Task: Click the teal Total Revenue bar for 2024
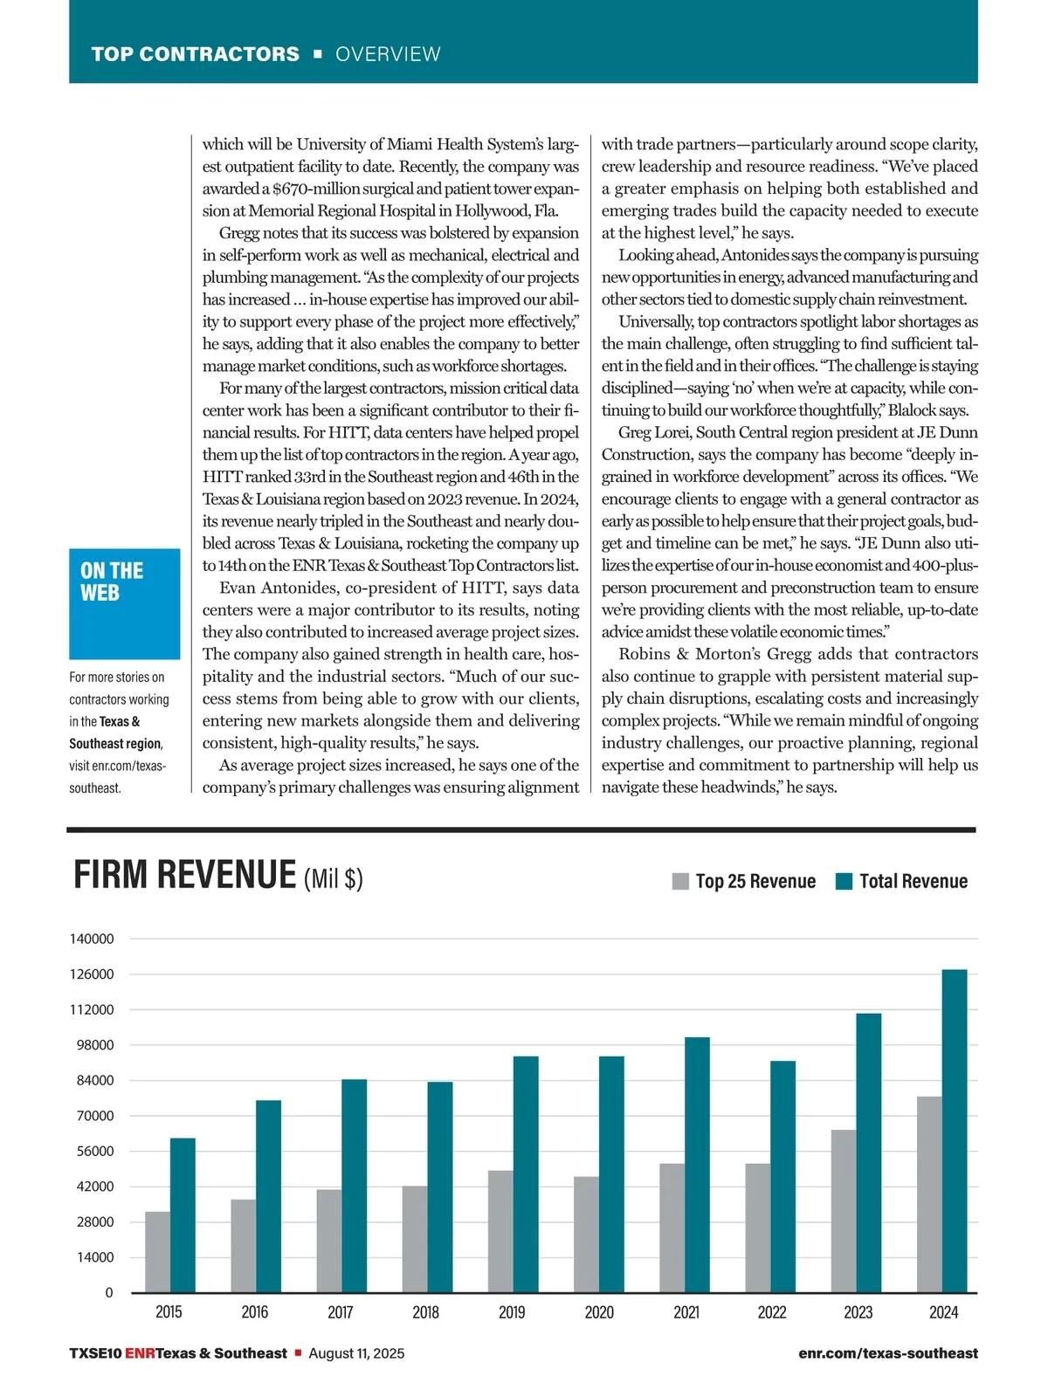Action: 955,1131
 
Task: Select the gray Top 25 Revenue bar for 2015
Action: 157,1251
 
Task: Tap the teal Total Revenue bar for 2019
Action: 526,1174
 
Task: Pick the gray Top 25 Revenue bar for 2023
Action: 844,1211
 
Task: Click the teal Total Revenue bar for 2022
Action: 783,1176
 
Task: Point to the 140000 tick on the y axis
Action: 92,939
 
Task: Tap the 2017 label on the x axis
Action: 341,1312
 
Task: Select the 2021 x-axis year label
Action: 686,1312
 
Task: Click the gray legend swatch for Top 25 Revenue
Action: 680,881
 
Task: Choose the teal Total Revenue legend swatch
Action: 844,881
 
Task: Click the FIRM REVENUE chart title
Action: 185,875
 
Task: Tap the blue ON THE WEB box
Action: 124,603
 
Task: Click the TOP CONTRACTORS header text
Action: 195,54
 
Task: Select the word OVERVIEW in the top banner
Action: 388,54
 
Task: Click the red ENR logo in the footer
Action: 140,1353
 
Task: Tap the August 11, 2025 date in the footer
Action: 356,1353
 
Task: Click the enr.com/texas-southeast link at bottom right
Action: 887,1353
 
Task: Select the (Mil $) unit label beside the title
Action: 333,878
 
